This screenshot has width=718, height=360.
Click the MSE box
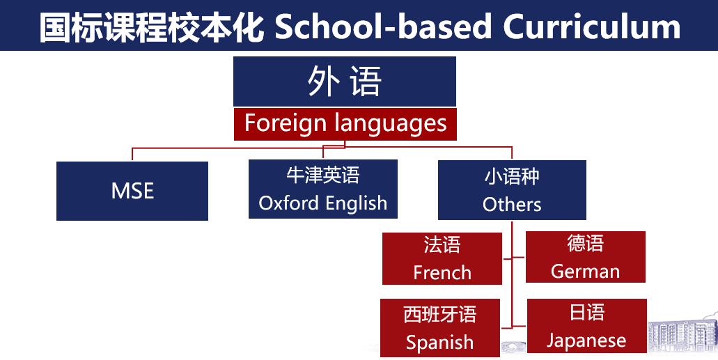(132, 191)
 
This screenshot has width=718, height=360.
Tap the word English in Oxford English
(356, 203)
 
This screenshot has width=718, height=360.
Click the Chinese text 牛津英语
(323, 175)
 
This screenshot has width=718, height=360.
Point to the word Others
(512, 204)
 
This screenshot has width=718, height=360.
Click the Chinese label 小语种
(512, 176)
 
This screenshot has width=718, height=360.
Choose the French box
(442, 258)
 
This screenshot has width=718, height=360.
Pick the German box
(585, 257)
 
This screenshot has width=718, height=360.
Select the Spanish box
(440, 328)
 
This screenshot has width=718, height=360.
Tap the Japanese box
(586, 326)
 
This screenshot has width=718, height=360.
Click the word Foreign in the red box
(286, 124)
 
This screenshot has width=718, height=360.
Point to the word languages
(391, 124)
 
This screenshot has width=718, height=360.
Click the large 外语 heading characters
(344, 81)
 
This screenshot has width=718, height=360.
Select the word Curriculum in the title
(592, 27)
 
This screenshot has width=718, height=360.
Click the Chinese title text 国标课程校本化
(152, 27)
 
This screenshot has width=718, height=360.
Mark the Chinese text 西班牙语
(440, 315)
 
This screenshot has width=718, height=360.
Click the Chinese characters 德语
(585, 243)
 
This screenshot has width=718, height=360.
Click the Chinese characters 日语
(586, 313)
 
